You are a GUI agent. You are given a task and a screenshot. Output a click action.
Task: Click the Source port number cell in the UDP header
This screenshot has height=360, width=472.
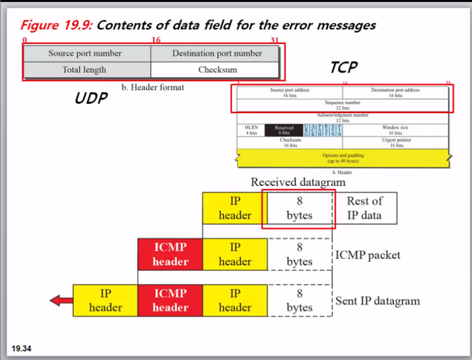pyautogui.click(x=85, y=53)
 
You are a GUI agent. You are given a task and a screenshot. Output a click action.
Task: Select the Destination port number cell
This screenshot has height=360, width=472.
pyautogui.click(x=217, y=53)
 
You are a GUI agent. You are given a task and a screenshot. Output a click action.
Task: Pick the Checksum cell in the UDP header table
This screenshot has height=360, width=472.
pyautogui.click(x=217, y=70)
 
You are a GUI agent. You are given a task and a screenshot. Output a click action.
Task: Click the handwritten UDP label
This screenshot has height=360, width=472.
pyautogui.click(x=91, y=98)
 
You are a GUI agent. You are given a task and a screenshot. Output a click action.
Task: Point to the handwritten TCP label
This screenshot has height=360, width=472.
pyautogui.click(x=343, y=67)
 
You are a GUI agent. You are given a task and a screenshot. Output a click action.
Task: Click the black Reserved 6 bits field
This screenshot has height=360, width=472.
pyautogui.click(x=283, y=130)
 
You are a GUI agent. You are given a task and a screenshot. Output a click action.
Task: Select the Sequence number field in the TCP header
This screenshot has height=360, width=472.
pyautogui.click(x=343, y=105)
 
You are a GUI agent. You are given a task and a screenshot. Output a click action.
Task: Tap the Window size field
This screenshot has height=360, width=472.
pyautogui.click(x=395, y=130)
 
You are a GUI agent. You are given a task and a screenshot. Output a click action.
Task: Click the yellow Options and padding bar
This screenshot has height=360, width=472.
pyautogui.click(x=343, y=158)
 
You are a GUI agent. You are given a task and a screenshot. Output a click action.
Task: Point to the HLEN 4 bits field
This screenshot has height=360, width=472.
pyautogui.click(x=251, y=130)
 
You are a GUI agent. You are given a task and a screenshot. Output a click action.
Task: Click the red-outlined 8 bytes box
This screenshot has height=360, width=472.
pyautogui.click(x=299, y=208)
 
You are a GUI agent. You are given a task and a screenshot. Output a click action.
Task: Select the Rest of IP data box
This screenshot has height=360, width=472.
pyautogui.click(x=365, y=208)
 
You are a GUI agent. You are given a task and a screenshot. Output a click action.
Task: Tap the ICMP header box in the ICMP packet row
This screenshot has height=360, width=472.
pyautogui.click(x=170, y=254)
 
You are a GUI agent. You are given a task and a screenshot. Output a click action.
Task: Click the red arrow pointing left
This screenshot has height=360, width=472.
pyautogui.click(x=61, y=300)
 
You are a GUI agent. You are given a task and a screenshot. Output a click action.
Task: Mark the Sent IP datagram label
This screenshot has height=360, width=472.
pyautogui.click(x=377, y=301)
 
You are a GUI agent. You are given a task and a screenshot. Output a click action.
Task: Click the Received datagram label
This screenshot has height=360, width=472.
pyautogui.click(x=298, y=182)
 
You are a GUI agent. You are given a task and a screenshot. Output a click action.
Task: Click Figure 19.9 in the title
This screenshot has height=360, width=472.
pyautogui.click(x=56, y=26)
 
